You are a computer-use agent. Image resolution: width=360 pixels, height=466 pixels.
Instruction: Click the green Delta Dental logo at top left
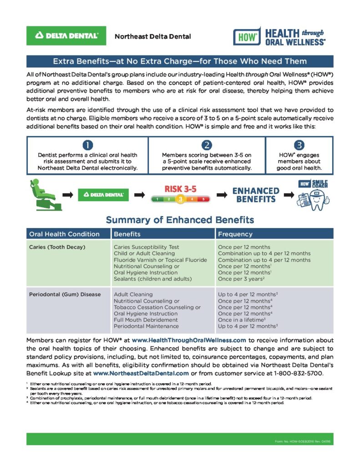point(66,35)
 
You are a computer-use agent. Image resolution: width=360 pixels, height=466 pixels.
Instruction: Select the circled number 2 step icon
point(207,145)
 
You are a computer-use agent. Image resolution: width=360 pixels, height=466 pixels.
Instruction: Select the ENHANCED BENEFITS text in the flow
point(256,195)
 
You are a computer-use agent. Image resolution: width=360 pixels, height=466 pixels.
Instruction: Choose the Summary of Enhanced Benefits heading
point(180,220)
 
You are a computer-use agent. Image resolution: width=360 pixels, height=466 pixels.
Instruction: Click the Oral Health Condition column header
point(64,234)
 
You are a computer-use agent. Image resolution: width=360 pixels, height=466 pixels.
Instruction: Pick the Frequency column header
point(235,234)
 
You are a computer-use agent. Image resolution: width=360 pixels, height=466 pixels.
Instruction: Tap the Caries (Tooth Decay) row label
point(57,247)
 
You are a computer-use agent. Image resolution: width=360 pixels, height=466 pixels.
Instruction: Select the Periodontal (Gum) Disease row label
point(65,294)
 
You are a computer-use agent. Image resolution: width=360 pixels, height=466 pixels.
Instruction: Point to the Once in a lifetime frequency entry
point(242,320)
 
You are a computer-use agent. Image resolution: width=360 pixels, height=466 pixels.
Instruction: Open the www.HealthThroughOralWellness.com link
point(189,340)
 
